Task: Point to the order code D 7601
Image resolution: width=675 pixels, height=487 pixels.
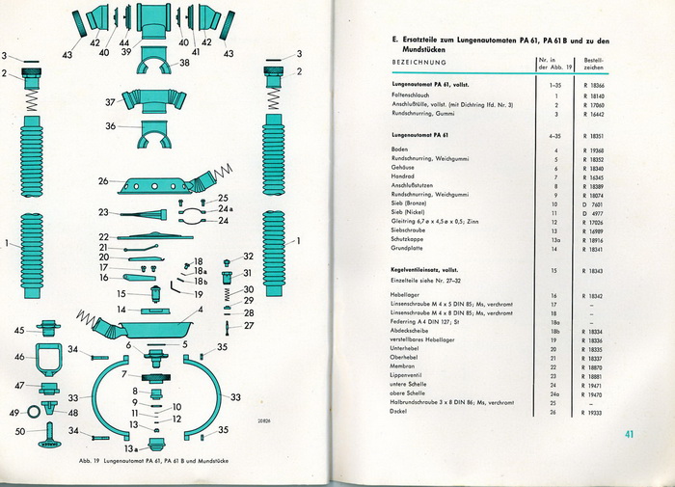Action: point(594,204)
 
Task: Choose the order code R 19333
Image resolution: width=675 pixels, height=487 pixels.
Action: point(594,412)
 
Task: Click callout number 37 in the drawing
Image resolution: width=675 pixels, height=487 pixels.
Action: point(110,101)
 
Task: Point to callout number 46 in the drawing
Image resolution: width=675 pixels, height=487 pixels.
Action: point(20,357)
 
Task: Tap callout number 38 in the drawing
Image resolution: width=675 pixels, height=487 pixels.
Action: point(184,63)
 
